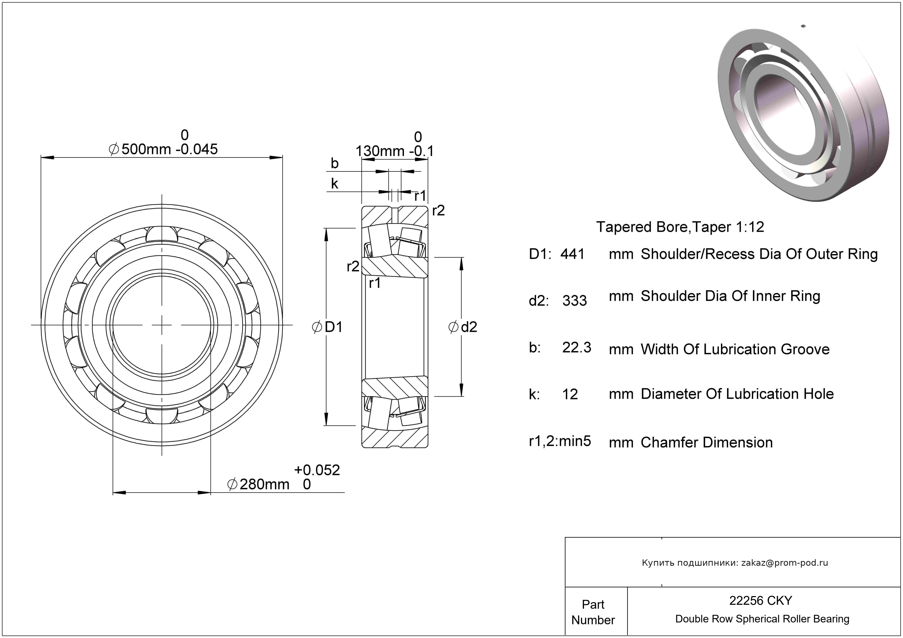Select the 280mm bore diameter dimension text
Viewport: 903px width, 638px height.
click(264, 484)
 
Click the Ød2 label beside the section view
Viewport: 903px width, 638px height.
click(463, 327)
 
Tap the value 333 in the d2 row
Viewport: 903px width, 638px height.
click(574, 301)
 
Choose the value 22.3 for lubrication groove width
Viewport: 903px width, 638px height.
click(577, 348)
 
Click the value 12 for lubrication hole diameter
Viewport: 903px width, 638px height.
click(570, 394)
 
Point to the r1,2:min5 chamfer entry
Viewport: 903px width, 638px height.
click(560, 442)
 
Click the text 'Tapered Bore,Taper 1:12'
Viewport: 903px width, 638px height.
click(680, 227)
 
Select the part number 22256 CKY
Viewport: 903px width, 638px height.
click(760, 601)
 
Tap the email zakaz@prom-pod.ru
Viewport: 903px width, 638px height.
click(784, 563)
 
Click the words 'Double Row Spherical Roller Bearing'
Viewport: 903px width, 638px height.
click(762, 619)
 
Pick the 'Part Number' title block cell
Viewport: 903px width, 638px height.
click(593, 612)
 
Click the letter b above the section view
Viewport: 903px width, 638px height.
click(334, 163)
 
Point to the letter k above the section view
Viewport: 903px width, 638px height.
click(334, 184)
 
